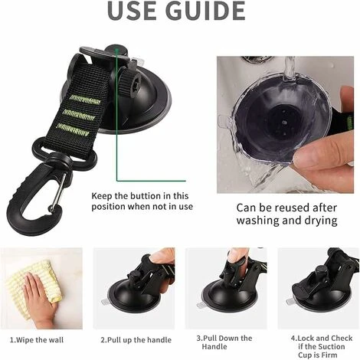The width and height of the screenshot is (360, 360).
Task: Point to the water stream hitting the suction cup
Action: [x=290, y=67]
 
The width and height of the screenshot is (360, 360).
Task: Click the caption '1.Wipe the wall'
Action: [x=37, y=340]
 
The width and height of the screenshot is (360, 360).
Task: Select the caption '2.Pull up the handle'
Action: [x=136, y=340]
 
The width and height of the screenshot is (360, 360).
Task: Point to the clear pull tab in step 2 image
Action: [x=106, y=302]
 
